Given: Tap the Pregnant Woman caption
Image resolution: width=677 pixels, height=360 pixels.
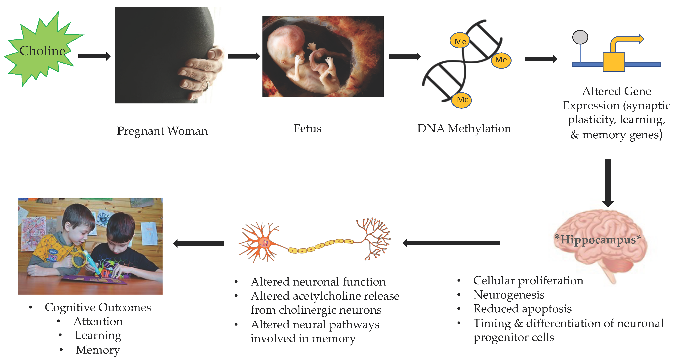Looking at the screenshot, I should click(x=162, y=131).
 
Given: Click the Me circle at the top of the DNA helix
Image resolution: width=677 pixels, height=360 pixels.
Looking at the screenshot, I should click(x=460, y=41).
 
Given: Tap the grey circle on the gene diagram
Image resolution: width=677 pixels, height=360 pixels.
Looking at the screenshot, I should click(x=580, y=37).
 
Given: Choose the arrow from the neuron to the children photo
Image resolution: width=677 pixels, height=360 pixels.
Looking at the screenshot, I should click(x=198, y=243).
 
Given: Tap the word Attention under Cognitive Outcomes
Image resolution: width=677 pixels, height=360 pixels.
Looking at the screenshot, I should click(x=98, y=321).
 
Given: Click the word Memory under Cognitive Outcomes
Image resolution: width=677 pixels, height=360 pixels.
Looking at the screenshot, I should click(x=98, y=350).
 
